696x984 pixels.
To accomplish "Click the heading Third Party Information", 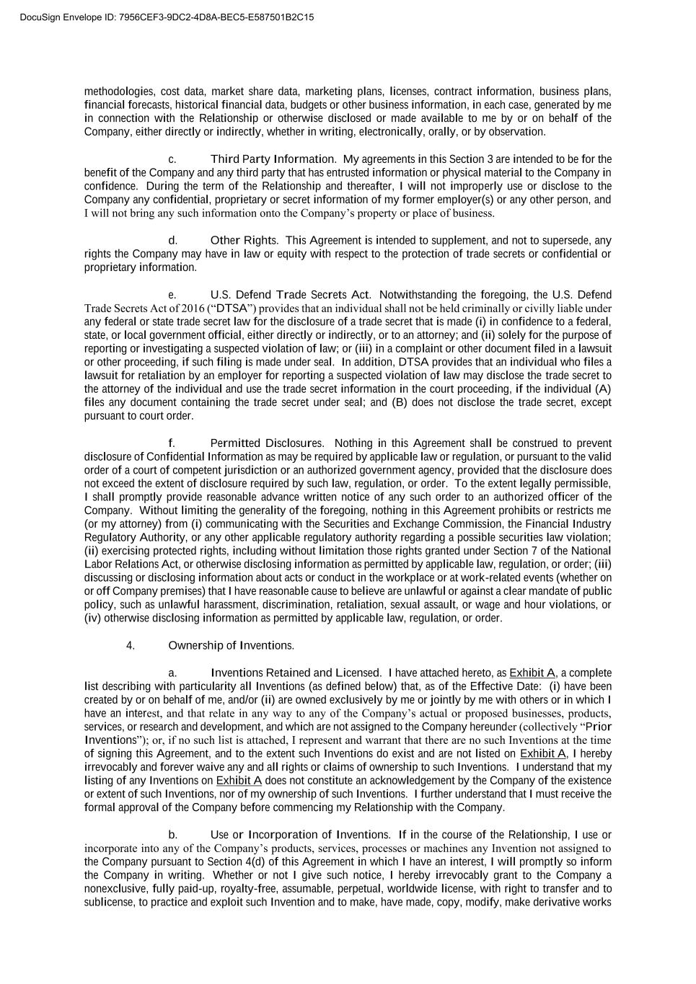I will (x=273, y=159).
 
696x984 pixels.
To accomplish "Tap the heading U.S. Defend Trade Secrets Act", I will (x=289, y=294).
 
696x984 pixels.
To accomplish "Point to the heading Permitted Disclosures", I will (x=266, y=443).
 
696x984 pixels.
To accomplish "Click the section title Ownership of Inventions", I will (x=231, y=645).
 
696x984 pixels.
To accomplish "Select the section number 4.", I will (x=131, y=645).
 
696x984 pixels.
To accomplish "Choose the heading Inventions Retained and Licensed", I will (x=295, y=673).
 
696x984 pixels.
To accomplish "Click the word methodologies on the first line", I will (x=119, y=91).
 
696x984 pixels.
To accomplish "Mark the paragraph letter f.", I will (x=171, y=443).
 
